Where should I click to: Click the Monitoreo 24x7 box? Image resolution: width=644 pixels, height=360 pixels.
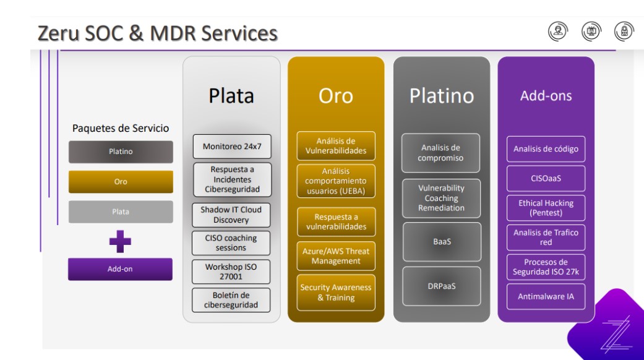[231, 147]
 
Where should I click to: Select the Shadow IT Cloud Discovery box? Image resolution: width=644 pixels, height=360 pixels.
[231, 215]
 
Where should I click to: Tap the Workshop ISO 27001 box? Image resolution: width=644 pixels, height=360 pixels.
[231, 271]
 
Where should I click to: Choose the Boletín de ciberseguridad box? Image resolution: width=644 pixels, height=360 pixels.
[231, 299]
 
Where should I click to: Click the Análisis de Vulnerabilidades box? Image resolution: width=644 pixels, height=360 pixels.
[336, 145]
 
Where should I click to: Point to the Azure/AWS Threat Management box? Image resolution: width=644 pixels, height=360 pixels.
[336, 256]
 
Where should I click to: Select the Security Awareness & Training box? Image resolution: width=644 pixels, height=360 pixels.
[336, 293]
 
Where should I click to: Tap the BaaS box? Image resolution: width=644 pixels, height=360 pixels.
[442, 242]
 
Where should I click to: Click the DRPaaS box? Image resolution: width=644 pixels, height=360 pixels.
[442, 286]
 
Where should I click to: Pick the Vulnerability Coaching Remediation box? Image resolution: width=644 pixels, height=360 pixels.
[442, 198]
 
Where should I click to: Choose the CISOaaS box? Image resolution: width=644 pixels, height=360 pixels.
[546, 178]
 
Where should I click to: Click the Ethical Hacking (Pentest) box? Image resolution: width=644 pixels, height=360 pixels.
[546, 208]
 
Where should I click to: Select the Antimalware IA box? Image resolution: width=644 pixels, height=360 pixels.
[546, 296]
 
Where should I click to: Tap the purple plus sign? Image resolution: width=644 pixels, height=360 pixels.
[121, 241]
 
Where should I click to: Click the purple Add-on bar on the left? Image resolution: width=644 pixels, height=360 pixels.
[121, 269]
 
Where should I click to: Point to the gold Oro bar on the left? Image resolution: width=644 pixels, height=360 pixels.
[121, 182]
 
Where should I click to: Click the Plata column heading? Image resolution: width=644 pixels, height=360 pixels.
[231, 96]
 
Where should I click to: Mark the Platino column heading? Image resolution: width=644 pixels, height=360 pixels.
[442, 96]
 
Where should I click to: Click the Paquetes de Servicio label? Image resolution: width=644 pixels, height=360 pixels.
[121, 128]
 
